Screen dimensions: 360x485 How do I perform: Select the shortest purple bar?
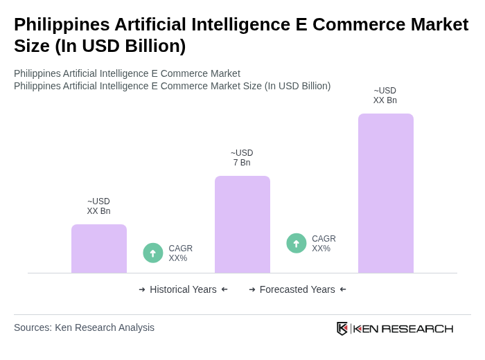pyautogui.click(x=99, y=249)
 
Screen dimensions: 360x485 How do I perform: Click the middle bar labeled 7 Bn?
pyautogui.click(x=242, y=224)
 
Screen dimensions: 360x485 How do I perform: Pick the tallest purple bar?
pyautogui.click(x=385, y=193)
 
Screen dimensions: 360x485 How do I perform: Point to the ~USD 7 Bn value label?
pyautogui.click(x=242, y=158)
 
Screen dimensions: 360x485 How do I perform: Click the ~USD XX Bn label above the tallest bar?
pyautogui.click(x=385, y=96)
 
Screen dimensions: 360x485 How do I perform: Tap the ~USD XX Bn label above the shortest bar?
pyautogui.click(x=98, y=206)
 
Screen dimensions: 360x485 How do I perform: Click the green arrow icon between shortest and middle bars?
pyautogui.click(x=153, y=253)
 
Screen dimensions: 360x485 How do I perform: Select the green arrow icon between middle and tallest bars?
pyautogui.click(x=297, y=243)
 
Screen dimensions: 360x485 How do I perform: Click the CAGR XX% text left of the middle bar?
pyautogui.click(x=180, y=253)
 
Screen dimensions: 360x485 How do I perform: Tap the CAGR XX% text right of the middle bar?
pyautogui.click(x=324, y=244)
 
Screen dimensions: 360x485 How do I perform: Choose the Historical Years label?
pyautogui.click(x=183, y=289)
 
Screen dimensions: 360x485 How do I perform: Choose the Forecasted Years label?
pyautogui.click(x=297, y=289)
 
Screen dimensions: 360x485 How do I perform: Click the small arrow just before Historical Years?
pyautogui.click(x=142, y=289)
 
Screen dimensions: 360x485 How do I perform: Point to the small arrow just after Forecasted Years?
pyautogui.click(x=343, y=289)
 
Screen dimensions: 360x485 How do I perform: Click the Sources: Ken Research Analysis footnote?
pyautogui.click(x=84, y=327)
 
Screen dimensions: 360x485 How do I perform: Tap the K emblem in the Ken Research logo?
pyautogui.click(x=342, y=328)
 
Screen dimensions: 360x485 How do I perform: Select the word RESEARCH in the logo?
pyautogui.click(x=417, y=328)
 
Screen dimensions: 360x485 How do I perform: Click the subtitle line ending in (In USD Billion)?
pyautogui.click(x=172, y=86)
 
